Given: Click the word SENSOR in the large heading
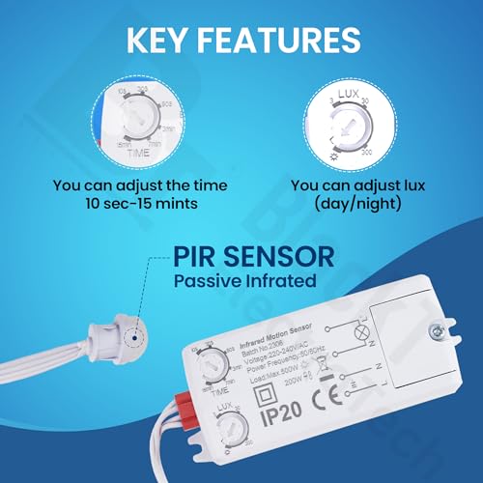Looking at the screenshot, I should click(286, 257).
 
